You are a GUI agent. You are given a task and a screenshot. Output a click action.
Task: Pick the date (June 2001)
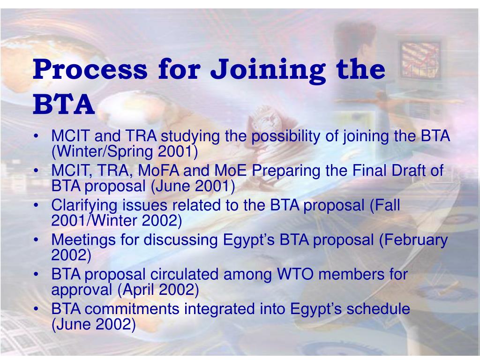click(193, 186)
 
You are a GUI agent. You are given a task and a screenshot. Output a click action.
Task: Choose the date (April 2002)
click(158, 290)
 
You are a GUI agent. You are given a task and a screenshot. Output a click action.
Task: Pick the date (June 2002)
click(93, 324)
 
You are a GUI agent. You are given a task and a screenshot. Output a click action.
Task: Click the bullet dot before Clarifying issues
click(37, 206)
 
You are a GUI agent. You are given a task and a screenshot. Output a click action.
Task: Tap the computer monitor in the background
click(419, 61)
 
